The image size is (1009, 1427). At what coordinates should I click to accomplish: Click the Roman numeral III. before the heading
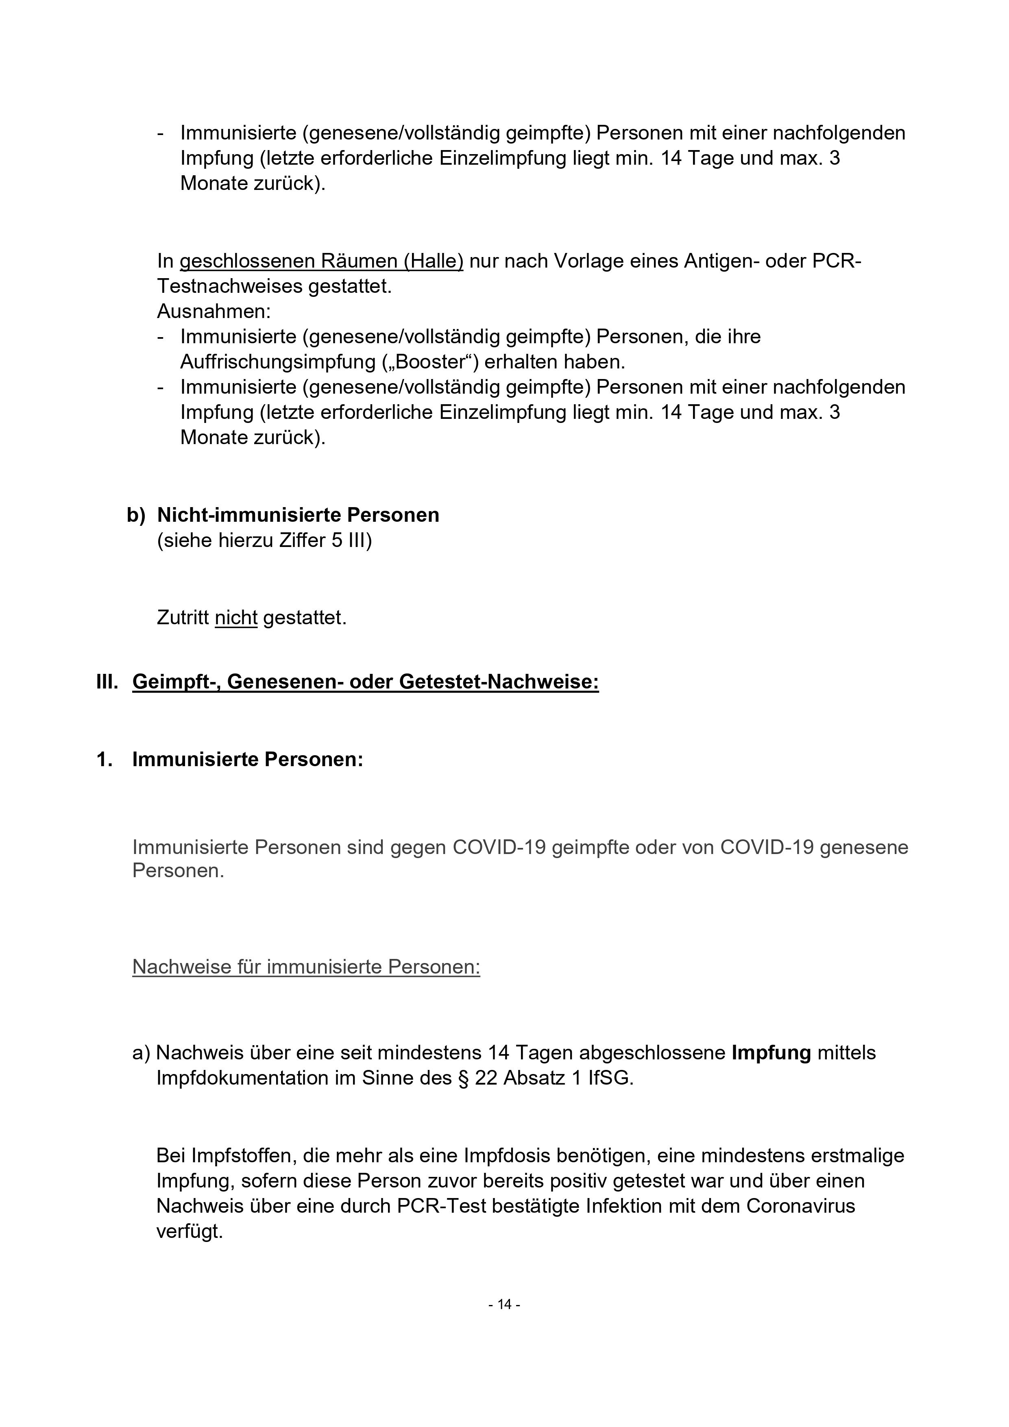(107, 682)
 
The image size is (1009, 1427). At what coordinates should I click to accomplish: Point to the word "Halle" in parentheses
(433, 261)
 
